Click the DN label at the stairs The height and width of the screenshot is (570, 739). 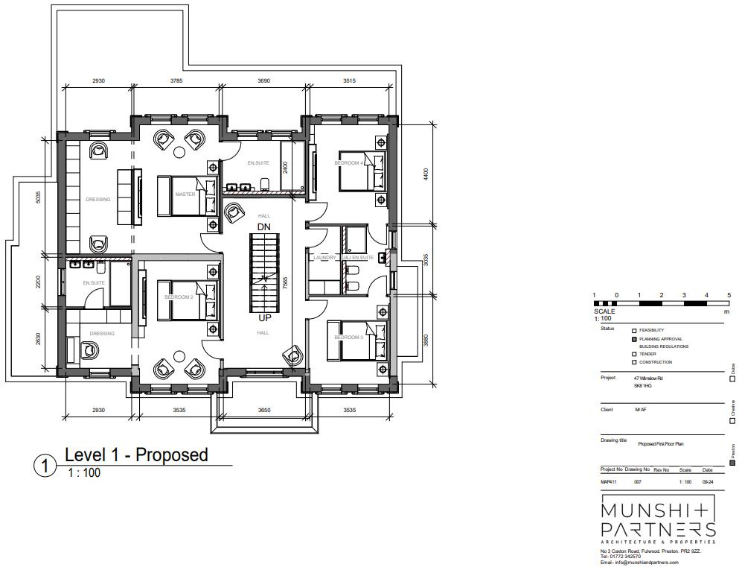[x=263, y=227]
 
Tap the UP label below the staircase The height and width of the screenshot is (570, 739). [x=263, y=318]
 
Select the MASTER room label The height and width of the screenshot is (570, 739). [x=185, y=194]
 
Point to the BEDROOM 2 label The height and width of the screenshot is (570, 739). [x=179, y=297]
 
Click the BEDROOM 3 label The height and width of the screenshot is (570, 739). [x=348, y=338]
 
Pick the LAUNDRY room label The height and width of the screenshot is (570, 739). [x=325, y=258]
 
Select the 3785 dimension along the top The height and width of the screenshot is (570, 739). [x=176, y=80]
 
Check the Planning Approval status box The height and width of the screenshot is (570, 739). [x=634, y=339]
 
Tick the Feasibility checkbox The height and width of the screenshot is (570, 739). [x=634, y=331]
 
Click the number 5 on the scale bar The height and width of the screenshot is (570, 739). [x=729, y=296]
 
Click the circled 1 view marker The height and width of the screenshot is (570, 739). [x=45, y=466]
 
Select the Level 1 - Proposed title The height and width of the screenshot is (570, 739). [x=136, y=455]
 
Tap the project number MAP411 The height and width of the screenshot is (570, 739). [x=609, y=482]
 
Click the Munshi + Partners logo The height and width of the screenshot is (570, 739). [x=658, y=519]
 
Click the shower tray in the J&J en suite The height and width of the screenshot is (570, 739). [x=356, y=240]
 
